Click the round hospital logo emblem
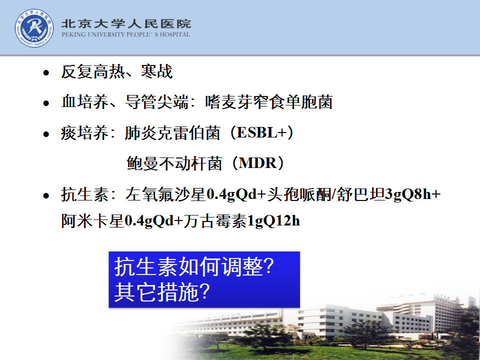(x=34, y=28)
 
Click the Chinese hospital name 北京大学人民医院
(x=126, y=23)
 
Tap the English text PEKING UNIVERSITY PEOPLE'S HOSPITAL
(x=126, y=34)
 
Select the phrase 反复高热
(x=93, y=71)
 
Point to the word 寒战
(x=156, y=71)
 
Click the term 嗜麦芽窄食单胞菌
(x=269, y=102)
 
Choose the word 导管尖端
(x=156, y=102)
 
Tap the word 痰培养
(x=85, y=133)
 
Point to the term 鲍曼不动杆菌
(x=174, y=163)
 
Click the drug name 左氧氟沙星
(x=165, y=194)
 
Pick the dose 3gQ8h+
(x=412, y=194)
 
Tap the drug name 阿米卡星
(x=93, y=220)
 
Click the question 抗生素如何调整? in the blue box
(x=194, y=266)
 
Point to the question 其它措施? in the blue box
(x=162, y=291)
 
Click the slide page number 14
(x=434, y=336)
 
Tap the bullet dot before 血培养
(x=46, y=103)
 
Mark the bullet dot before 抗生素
(x=46, y=195)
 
